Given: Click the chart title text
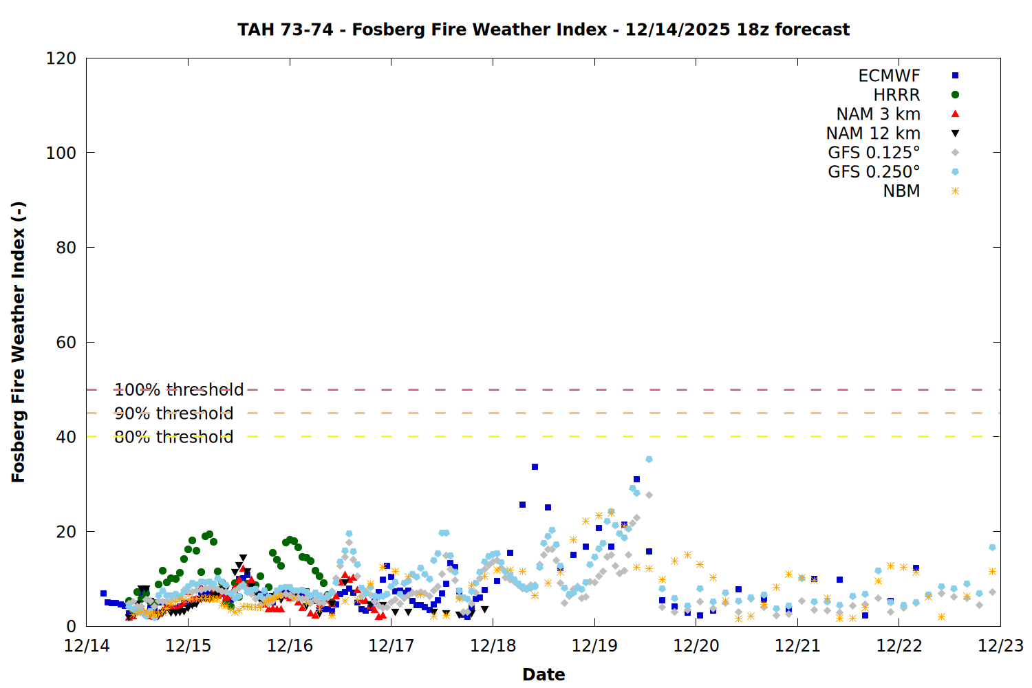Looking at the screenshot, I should pos(544,30).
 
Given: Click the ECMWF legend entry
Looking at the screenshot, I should pos(889,76).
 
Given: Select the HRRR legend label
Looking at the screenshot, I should pos(896,95).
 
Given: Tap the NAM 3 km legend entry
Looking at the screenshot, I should pos(878,114).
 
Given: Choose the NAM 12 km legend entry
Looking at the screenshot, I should pos(873,133).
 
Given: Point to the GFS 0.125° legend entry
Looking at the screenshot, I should pos(874,153).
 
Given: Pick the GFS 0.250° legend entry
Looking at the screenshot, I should pos(874,172).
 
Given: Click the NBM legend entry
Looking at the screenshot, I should pos(901,191).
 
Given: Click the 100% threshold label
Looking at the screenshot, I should pos(179,390).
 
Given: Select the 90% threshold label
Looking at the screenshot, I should pos(173,413).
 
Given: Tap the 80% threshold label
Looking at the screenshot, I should pos(173,437).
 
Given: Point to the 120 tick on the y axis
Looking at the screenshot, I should pos(61,58).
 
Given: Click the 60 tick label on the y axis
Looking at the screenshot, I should pos(66,343).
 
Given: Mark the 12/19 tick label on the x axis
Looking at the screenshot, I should pos(594,646).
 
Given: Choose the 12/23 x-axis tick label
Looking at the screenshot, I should pos(1000,646).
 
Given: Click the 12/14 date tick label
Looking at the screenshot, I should pos(87,646).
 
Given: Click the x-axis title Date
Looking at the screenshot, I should pos(544,674).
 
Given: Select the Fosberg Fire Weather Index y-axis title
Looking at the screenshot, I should pos(19,342).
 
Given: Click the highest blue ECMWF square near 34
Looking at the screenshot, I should pos(535,467).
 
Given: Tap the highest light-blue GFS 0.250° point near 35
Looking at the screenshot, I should pos(649,460).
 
